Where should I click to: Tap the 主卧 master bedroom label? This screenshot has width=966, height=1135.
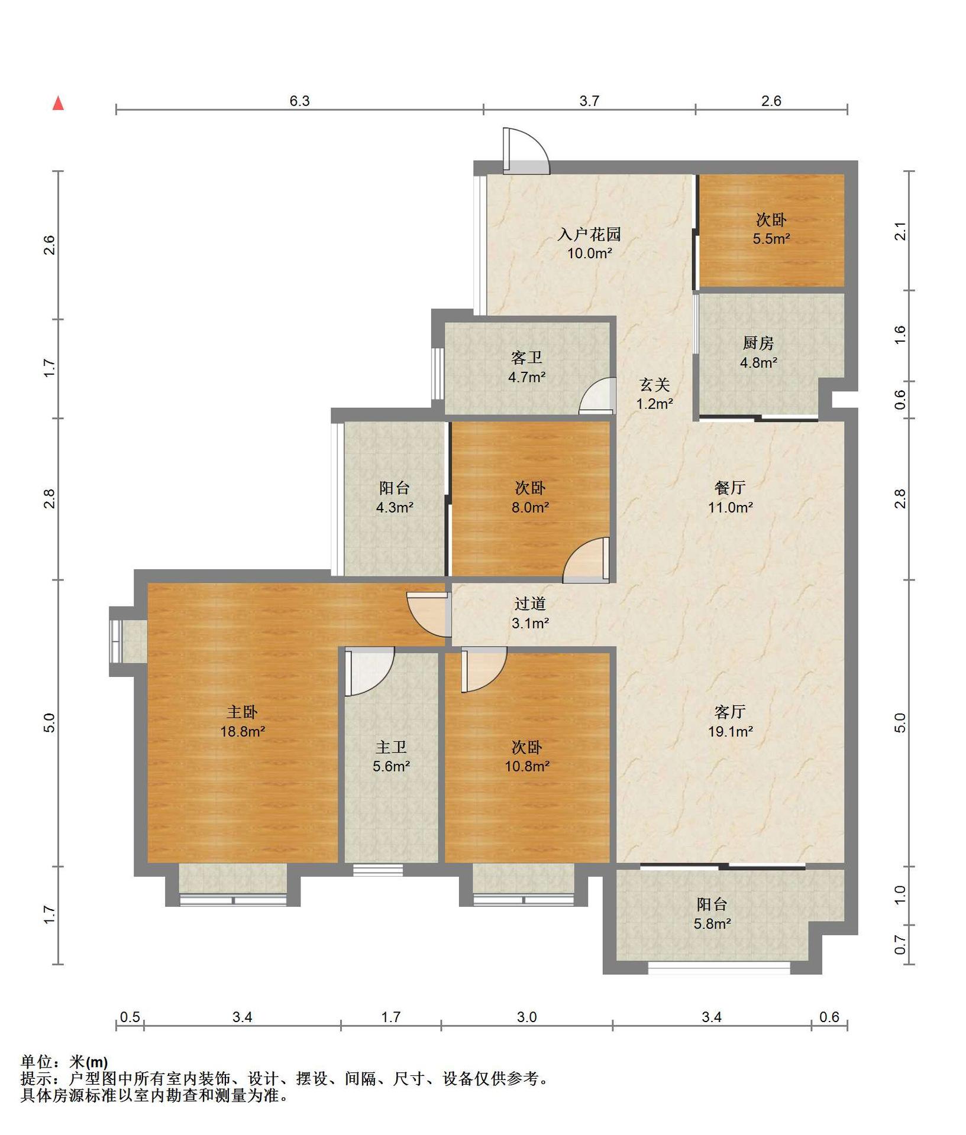[243, 712]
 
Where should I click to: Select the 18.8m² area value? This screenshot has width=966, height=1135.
[243, 731]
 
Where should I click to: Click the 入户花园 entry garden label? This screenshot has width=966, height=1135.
[589, 235]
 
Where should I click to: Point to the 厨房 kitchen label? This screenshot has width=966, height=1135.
[758, 343]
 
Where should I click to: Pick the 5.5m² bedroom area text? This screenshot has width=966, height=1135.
[771, 239]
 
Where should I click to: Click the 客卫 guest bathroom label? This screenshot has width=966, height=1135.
[526, 358]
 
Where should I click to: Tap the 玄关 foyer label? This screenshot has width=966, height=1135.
[655, 385]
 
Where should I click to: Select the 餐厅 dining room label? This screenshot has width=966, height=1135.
[730, 488]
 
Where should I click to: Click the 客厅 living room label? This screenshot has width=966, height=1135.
[730, 712]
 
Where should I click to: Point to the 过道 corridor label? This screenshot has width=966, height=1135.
[530, 604]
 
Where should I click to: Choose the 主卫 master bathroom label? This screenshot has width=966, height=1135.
[391, 747]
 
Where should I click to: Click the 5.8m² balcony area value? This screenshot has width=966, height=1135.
[712, 923]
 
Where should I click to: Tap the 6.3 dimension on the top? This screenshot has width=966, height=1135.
[299, 101]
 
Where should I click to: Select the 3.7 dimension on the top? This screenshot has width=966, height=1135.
[589, 101]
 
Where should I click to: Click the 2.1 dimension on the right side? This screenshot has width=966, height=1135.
[900, 231]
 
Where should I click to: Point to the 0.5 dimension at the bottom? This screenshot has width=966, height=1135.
[130, 1017]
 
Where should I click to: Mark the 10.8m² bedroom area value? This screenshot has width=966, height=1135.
[526, 766]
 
